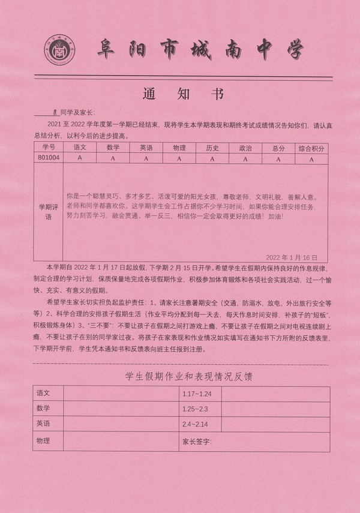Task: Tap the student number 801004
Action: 49,158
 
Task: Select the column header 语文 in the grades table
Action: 80,147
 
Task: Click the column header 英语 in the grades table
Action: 146,147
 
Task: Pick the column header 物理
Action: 179,147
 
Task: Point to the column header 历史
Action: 212,147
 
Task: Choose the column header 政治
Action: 245,147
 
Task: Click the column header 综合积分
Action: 311,147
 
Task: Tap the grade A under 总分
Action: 278,158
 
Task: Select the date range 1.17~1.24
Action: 197,394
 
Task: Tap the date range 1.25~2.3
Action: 196,409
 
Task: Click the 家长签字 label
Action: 197,442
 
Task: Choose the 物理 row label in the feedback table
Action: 43,441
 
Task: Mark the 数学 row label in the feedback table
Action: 43,409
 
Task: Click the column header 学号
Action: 49,147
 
